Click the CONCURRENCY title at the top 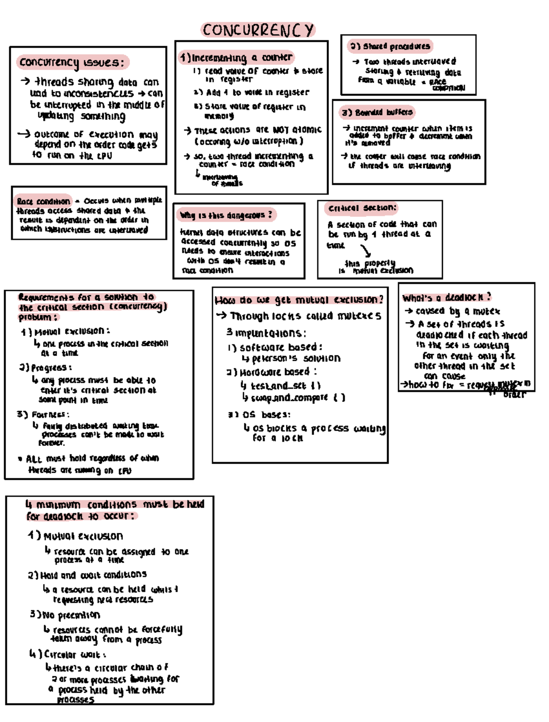[x=258, y=30]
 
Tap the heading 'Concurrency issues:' [x=72, y=62]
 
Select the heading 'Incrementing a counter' [x=237, y=58]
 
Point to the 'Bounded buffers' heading [x=378, y=112]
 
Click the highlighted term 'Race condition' [x=43, y=201]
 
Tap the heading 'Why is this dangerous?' [x=226, y=215]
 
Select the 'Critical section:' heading [x=361, y=208]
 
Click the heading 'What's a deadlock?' [x=447, y=297]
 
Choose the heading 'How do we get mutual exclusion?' [x=299, y=300]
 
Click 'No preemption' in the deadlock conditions [x=65, y=615]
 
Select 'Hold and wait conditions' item [x=88, y=575]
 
